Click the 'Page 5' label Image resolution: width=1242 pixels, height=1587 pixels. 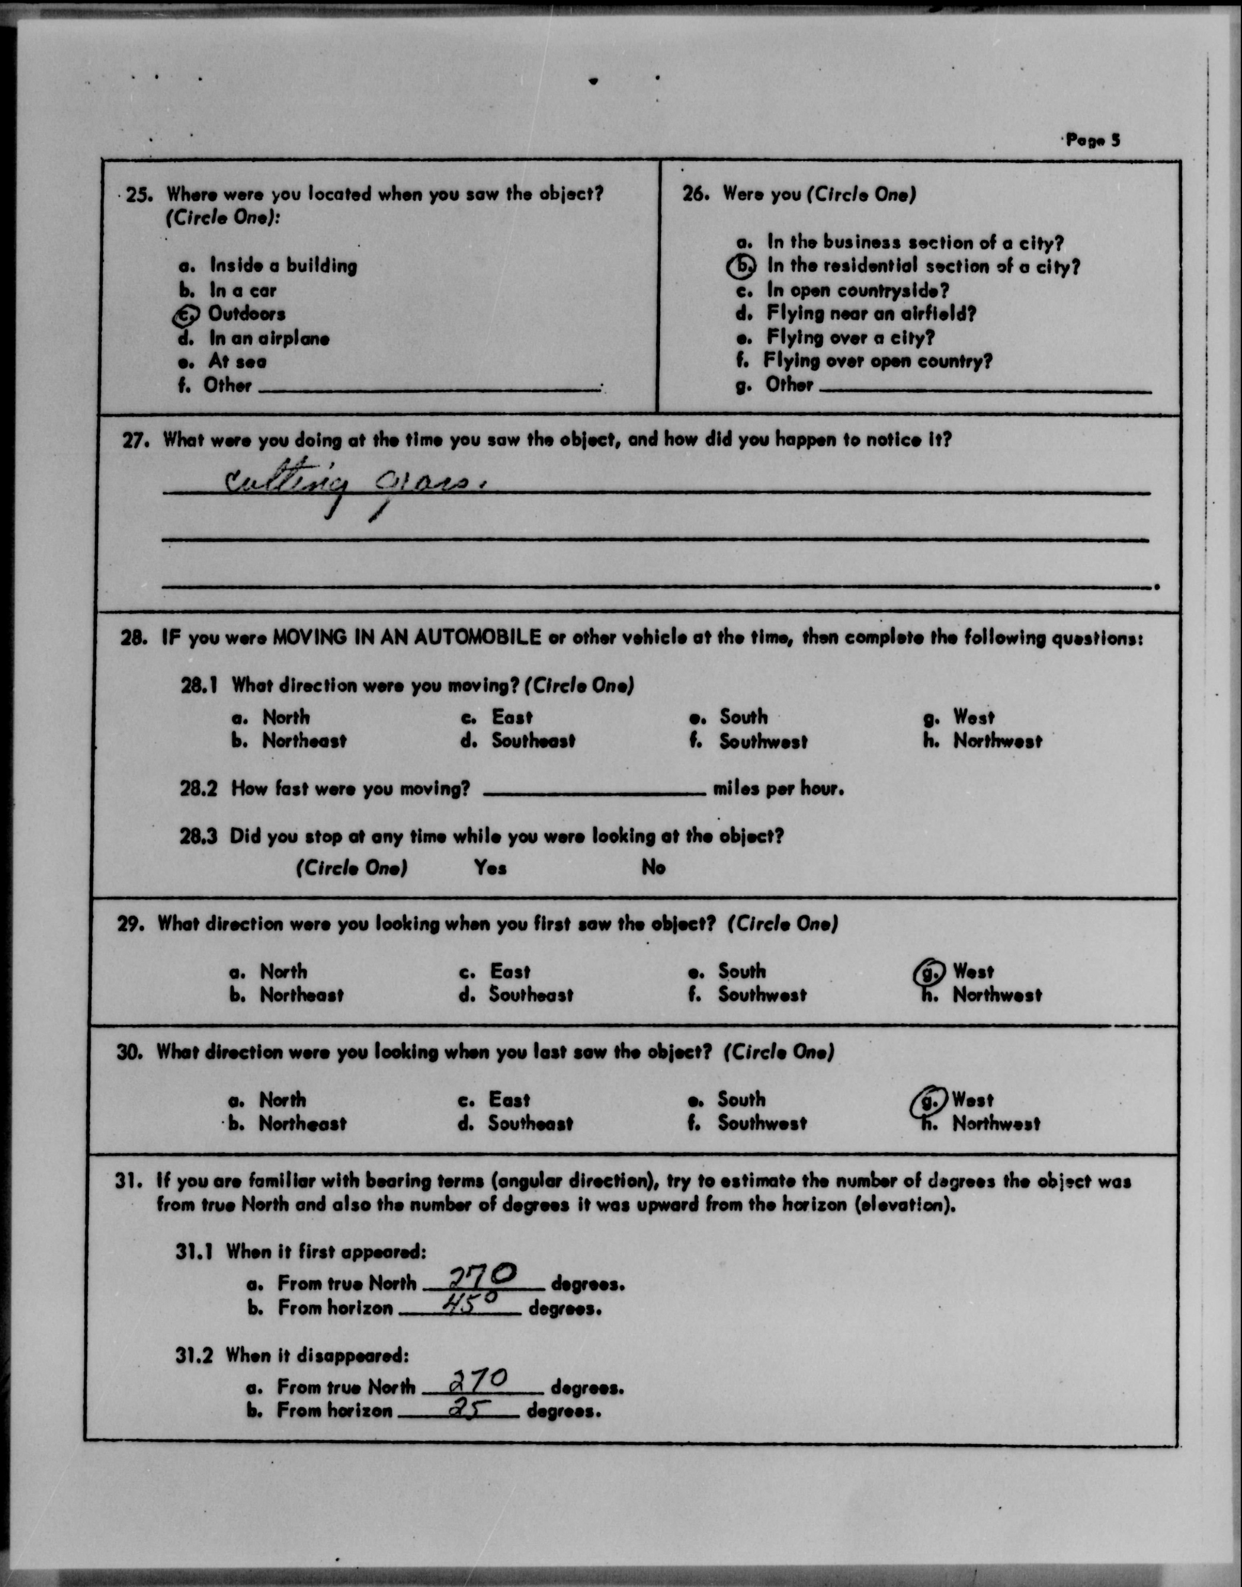point(1093,140)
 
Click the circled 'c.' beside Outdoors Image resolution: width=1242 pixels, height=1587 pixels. point(186,315)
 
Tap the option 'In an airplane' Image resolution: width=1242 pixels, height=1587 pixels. point(269,339)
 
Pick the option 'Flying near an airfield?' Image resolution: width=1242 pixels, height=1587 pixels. point(871,314)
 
